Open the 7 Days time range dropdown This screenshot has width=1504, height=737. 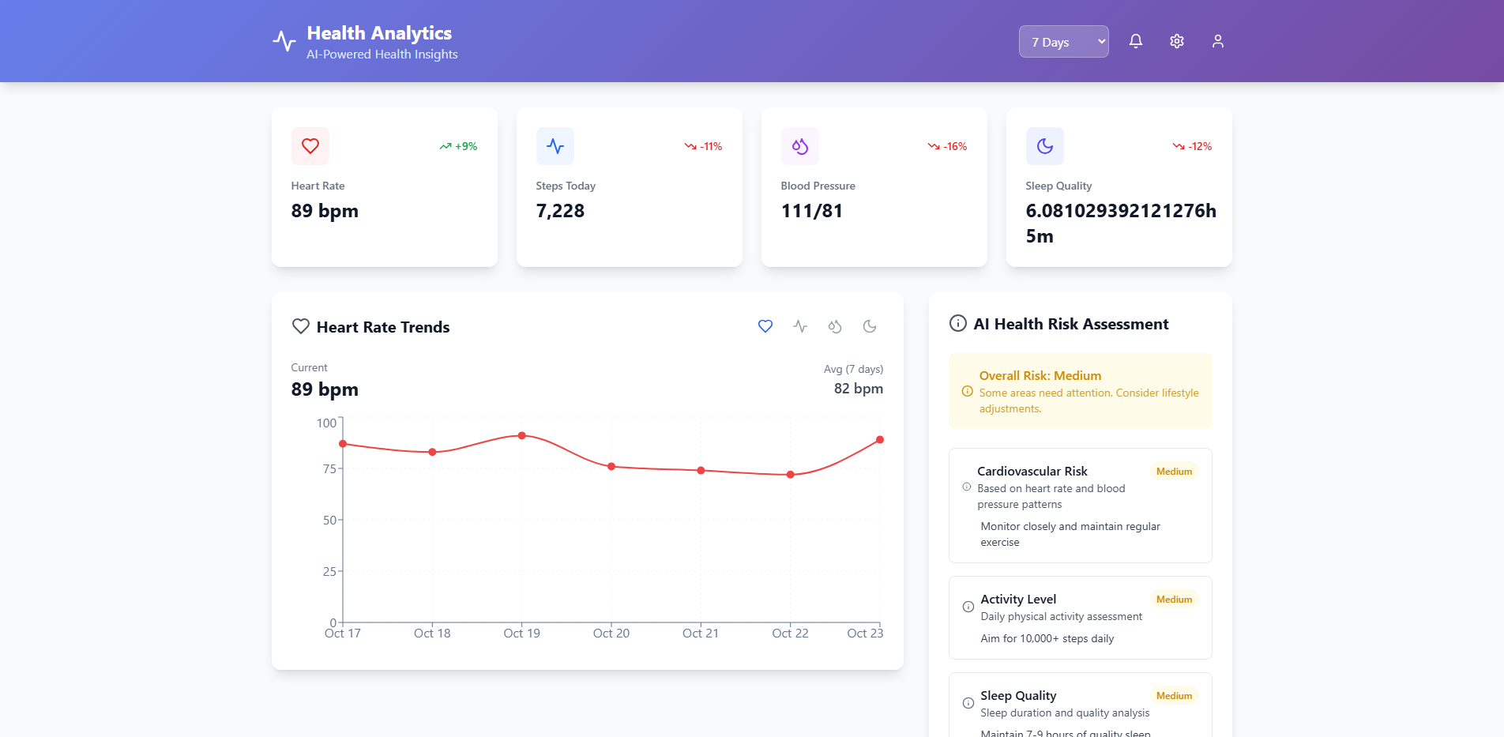(x=1063, y=42)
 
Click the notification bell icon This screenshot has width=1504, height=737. (x=1136, y=41)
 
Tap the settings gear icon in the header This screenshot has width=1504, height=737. (x=1177, y=41)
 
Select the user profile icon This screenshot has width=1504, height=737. (x=1218, y=41)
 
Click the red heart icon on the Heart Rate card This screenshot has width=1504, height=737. (x=310, y=146)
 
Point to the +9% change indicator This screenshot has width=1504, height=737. (x=459, y=146)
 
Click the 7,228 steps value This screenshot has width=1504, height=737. (x=560, y=211)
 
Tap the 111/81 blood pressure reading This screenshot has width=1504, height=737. (x=811, y=211)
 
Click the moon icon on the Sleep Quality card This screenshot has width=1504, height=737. (x=1045, y=146)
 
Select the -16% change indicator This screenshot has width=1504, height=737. (x=948, y=146)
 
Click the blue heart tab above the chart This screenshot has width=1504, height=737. (x=765, y=326)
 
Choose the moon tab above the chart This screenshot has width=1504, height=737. (x=870, y=326)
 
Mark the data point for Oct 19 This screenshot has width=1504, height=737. (x=522, y=435)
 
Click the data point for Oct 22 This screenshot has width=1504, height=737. (x=791, y=475)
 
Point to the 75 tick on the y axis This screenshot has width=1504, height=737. (x=329, y=468)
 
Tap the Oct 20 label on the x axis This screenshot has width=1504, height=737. (x=611, y=634)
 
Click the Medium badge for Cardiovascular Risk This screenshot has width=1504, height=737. (x=1174, y=472)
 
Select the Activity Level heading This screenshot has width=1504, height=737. (x=1018, y=599)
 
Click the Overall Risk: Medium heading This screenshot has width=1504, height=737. (x=1040, y=376)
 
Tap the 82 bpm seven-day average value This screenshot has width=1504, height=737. (x=859, y=389)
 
